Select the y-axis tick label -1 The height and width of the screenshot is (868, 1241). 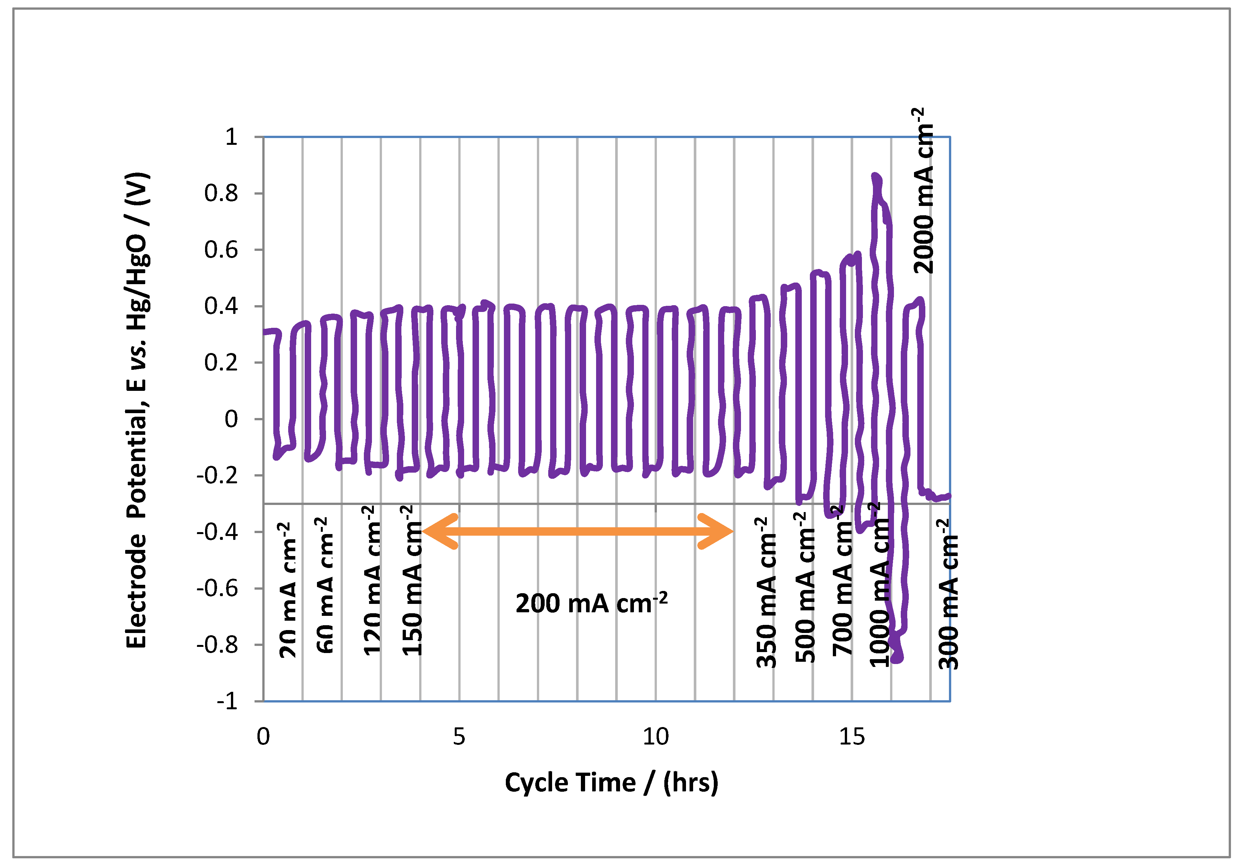point(227,702)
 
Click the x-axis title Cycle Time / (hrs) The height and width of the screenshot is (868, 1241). point(611,783)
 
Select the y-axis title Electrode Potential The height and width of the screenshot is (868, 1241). point(137,411)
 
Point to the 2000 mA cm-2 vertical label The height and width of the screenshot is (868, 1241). point(923,191)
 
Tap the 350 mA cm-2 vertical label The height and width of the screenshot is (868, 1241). point(767,593)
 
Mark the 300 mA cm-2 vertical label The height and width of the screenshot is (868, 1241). point(948,594)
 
